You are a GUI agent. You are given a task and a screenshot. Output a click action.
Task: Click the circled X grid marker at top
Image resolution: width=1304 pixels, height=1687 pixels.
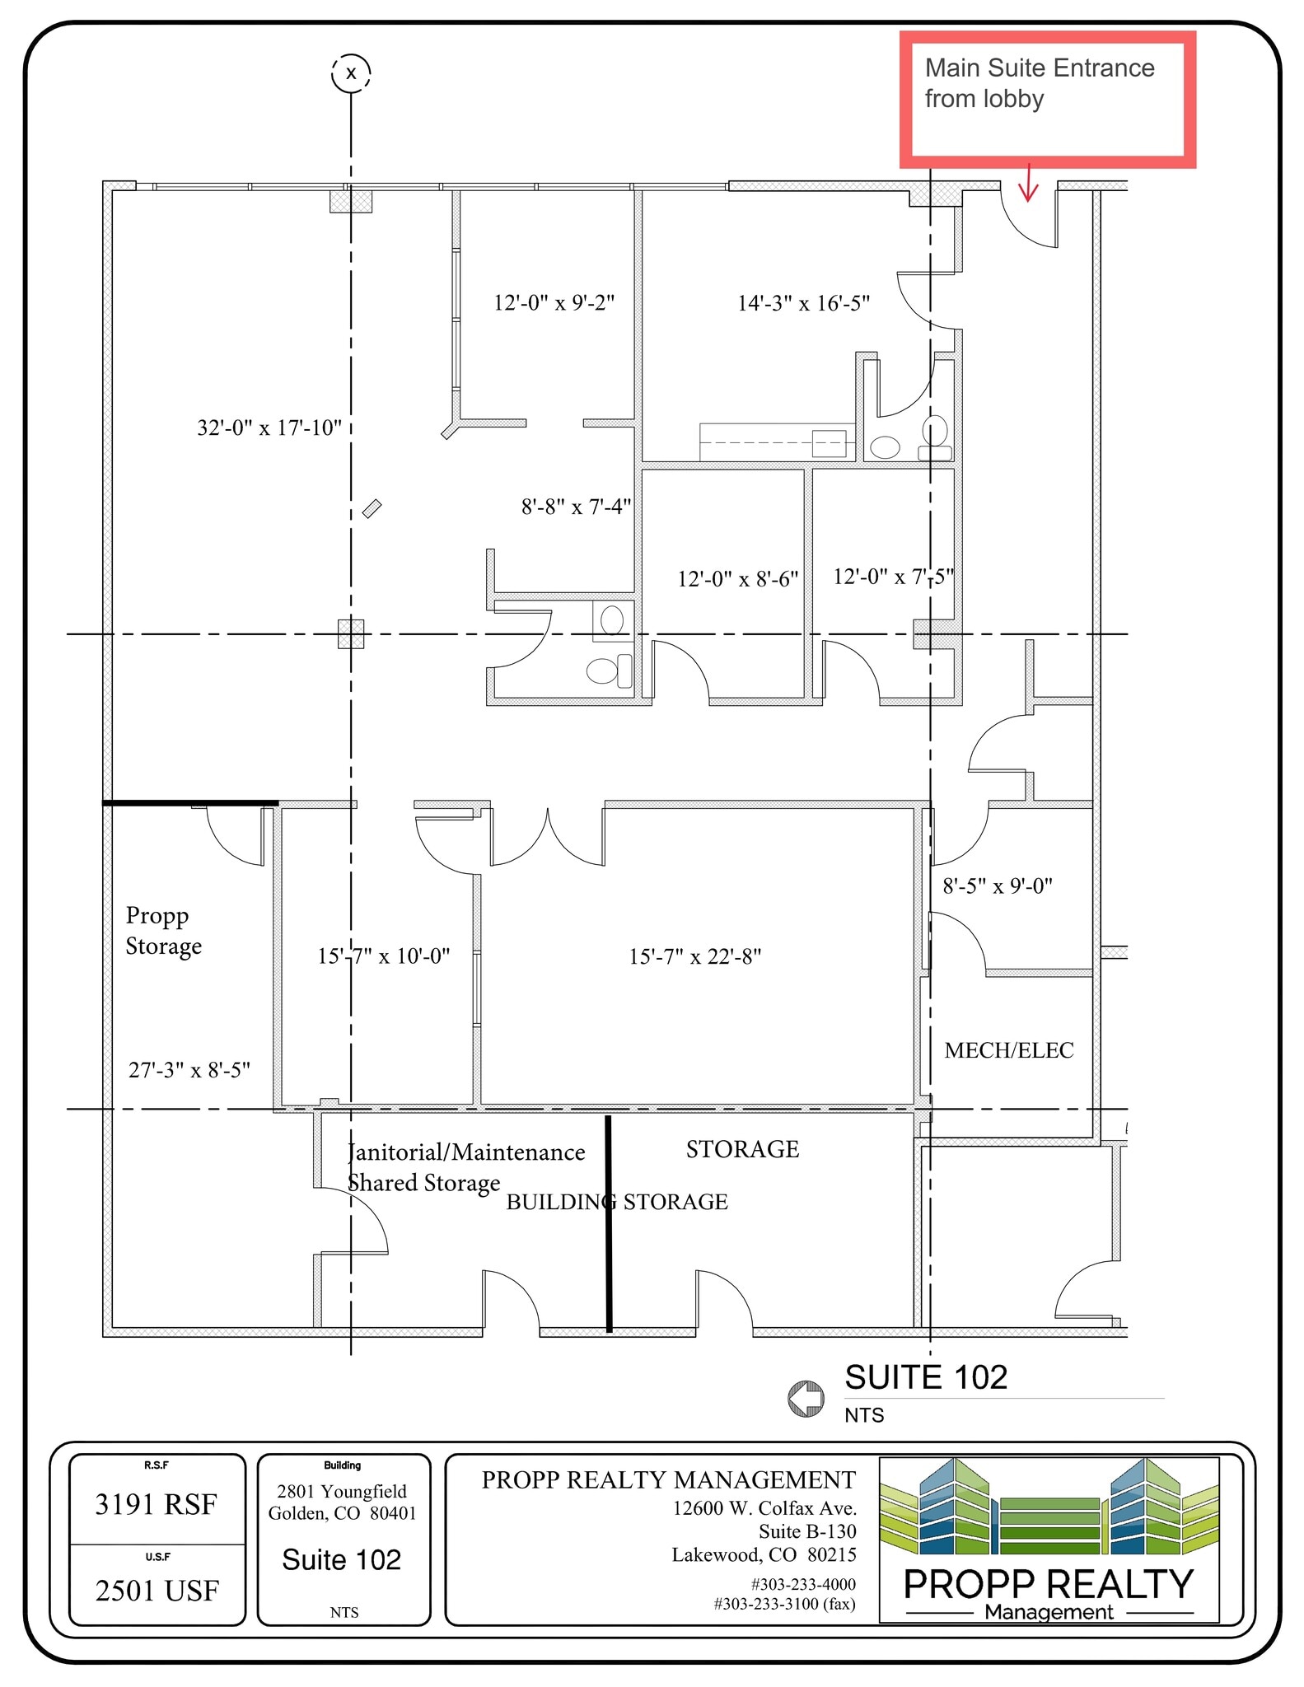(351, 72)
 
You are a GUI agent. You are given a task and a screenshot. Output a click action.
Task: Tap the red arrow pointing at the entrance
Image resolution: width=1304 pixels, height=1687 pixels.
(1028, 184)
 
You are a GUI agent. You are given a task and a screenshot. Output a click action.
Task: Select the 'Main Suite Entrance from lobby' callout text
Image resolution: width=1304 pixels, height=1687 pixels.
(1039, 82)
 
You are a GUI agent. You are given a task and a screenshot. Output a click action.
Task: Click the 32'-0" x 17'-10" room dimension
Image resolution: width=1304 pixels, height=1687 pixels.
(269, 428)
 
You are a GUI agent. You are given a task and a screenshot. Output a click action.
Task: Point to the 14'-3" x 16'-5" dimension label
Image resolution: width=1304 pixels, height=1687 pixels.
(803, 303)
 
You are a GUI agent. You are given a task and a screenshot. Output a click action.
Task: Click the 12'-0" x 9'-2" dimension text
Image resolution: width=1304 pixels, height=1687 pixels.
(554, 302)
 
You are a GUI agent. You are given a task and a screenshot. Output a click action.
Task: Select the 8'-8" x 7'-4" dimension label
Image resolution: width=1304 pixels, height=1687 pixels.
(576, 507)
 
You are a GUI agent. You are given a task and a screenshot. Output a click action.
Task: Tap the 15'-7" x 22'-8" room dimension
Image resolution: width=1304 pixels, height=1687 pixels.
(694, 956)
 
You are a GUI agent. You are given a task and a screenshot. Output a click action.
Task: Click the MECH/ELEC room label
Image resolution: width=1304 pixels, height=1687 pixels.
(1008, 1050)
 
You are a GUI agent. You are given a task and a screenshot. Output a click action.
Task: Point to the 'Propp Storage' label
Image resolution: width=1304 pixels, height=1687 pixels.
(163, 931)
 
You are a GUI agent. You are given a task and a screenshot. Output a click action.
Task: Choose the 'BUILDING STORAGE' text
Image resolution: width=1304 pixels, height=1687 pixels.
(616, 1202)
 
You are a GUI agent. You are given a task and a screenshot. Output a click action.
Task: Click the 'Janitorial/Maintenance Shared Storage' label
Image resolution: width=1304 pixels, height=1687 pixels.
(465, 1167)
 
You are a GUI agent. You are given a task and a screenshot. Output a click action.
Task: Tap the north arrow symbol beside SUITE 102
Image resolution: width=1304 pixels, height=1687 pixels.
(806, 1399)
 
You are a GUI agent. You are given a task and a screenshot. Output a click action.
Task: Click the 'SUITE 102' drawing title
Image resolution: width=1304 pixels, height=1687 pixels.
(926, 1378)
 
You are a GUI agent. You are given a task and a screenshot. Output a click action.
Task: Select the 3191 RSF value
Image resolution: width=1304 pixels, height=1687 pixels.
(156, 1505)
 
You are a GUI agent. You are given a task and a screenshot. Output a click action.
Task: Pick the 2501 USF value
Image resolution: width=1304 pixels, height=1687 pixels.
(157, 1591)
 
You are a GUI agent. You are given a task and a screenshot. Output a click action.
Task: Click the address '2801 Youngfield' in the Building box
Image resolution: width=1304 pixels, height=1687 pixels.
(342, 1492)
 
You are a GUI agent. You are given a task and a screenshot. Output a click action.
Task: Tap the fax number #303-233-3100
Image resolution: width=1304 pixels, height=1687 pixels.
(784, 1604)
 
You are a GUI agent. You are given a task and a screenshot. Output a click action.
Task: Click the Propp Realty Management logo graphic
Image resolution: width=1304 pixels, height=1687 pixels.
(1049, 1540)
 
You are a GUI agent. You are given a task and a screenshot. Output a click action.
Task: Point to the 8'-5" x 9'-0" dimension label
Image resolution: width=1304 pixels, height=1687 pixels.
(997, 886)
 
